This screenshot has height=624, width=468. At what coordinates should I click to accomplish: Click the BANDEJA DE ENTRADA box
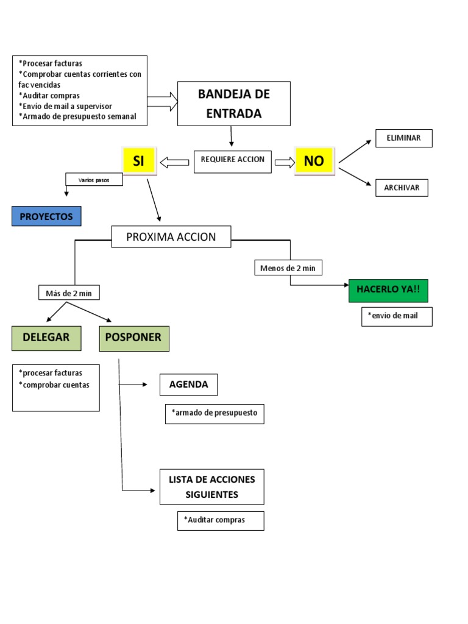coord(234,104)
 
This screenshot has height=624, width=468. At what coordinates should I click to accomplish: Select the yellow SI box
coord(139,161)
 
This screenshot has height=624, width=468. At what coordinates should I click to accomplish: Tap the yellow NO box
coord(314,161)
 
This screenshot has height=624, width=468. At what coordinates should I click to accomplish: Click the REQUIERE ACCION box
coord(233,160)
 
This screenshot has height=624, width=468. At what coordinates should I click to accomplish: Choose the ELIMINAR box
coord(403,138)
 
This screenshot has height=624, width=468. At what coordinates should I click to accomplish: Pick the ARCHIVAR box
coord(402,188)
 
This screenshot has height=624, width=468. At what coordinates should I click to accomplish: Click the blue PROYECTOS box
coord(46,216)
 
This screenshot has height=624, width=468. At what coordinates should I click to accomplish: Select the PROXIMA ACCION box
coord(171,236)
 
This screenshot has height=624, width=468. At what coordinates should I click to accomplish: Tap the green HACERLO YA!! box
coord(388,290)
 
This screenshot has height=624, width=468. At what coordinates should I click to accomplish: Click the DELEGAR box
coord(46,338)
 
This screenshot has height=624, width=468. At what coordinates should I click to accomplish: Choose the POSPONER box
coord(134,338)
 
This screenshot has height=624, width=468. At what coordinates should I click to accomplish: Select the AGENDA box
coord(188,385)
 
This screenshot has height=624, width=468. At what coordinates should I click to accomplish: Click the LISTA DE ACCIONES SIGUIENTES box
coord(212,487)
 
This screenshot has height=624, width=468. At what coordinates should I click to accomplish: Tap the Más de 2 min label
coord(69,293)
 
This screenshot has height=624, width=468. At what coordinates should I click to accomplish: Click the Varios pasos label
coord(94,180)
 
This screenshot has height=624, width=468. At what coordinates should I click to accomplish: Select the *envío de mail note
coord(397,316)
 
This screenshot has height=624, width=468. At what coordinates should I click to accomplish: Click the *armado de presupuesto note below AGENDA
coord(214,414)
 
